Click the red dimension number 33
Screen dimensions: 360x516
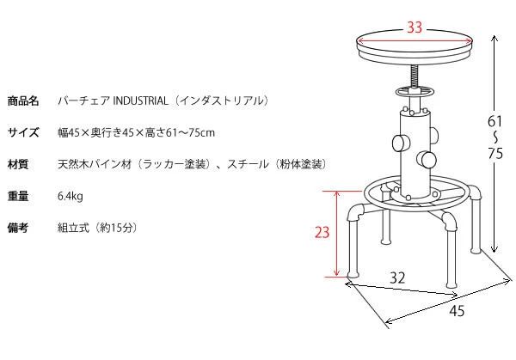tap(415, 27)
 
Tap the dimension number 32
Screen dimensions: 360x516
tap(396, 278)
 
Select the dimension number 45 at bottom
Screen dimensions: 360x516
tap(456, 311)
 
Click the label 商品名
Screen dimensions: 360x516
tap(23, 101)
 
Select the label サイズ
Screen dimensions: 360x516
tap(23, 132)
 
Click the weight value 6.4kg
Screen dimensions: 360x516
tap(70, 196)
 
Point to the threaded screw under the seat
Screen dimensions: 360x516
tap(414, 76)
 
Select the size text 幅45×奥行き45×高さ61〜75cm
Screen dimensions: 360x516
tap(135, 132)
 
